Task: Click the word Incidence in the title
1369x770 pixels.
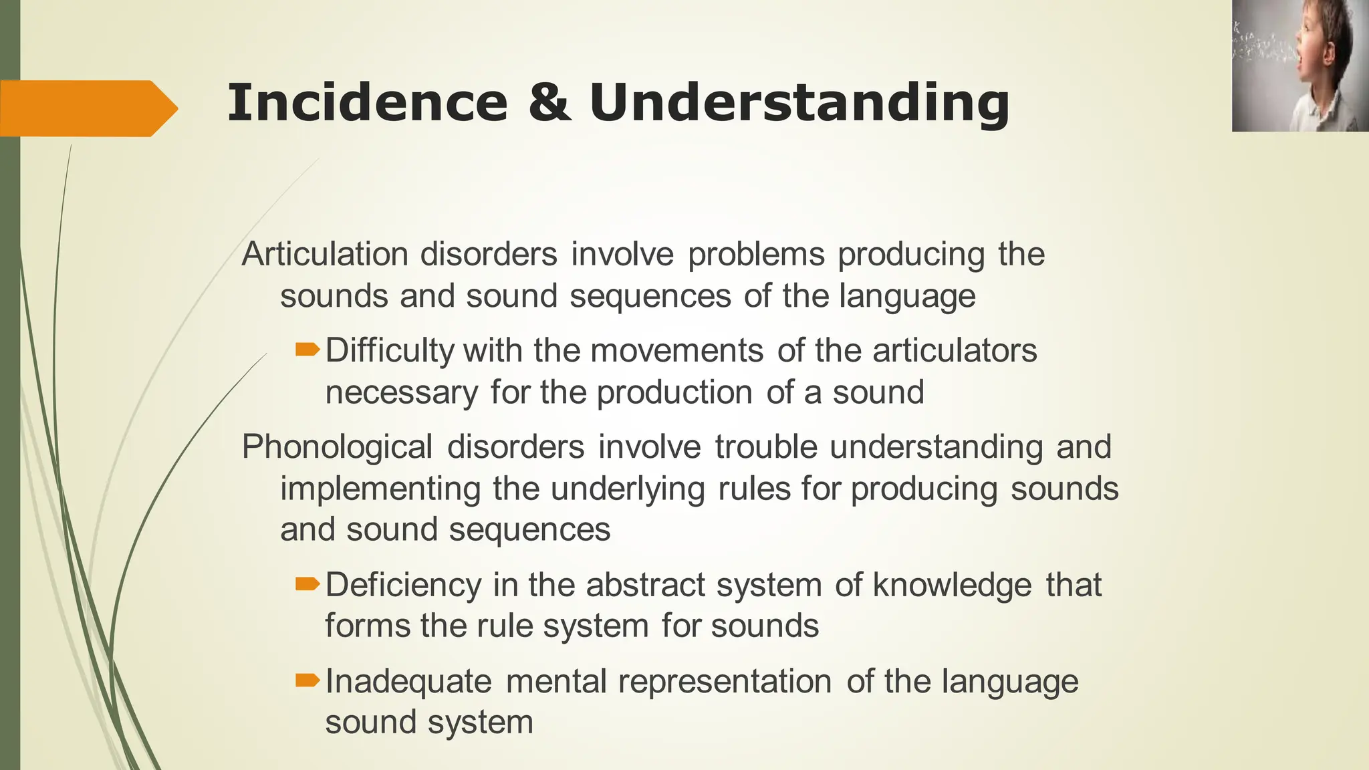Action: [367, 103]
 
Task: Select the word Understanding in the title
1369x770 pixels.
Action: [799, 104]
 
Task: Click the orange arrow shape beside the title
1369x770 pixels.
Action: [87, 108]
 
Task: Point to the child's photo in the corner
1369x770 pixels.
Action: [1300, 66]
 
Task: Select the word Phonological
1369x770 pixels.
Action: [337, 446]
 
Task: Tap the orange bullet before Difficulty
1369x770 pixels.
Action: [307, 349]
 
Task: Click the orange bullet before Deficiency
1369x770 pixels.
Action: [307, 584]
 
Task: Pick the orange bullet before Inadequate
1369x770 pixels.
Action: [307, 680]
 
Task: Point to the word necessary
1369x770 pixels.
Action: [401, 392]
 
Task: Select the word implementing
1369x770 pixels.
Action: [380, 489]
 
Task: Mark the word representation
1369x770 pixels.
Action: [725, 682]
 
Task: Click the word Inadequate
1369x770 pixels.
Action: [408, 682]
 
